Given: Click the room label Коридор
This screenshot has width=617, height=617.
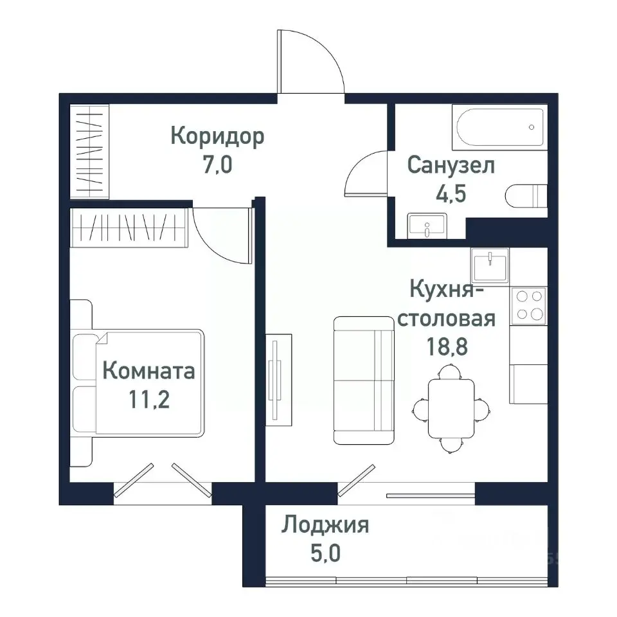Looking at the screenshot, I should [217, 136].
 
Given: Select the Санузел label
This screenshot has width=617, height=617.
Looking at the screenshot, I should [451, 165].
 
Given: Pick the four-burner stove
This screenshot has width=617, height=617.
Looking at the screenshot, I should [528, 305].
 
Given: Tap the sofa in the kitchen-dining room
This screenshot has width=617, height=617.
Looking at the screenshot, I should [363, 380].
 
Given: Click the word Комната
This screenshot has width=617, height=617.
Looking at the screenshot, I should [148, 371].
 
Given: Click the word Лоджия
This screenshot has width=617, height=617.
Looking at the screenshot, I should [325, 526].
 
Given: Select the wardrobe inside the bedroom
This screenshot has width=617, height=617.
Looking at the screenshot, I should [129, 227].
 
